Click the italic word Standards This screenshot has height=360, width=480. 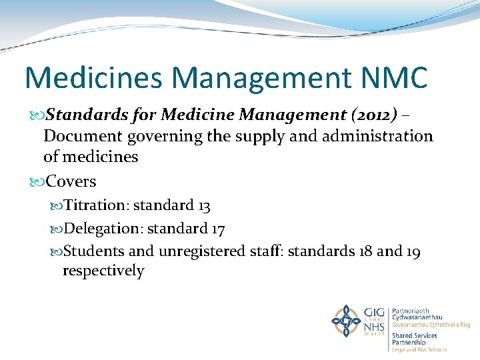tap(84, 115)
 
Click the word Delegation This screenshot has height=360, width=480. tap(102, 229)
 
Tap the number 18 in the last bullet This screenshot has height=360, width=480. tap(365, 251)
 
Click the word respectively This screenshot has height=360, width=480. tap(103, 271)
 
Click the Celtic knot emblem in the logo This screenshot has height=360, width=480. tap(347, 321)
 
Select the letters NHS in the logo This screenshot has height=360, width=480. tap(375, 328)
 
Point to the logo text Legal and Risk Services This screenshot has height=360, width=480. tap(420, 349)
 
